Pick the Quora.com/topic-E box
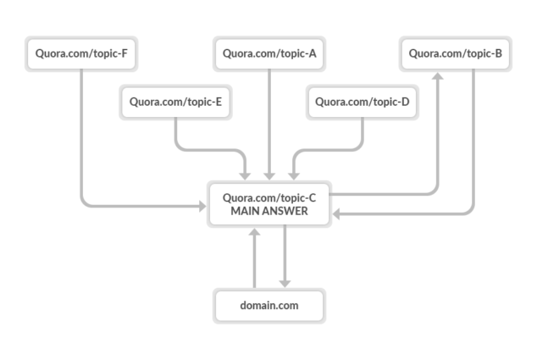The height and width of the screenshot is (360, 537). (176, 102)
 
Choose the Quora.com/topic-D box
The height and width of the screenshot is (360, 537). (363, 102)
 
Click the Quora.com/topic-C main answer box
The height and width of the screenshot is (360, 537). (269, 204)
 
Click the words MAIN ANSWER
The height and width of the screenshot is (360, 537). (269, 212)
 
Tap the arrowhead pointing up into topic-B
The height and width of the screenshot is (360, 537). (438, 77)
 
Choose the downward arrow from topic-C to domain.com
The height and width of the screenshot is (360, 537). (285, 258)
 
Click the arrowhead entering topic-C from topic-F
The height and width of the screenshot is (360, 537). (203, 205)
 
